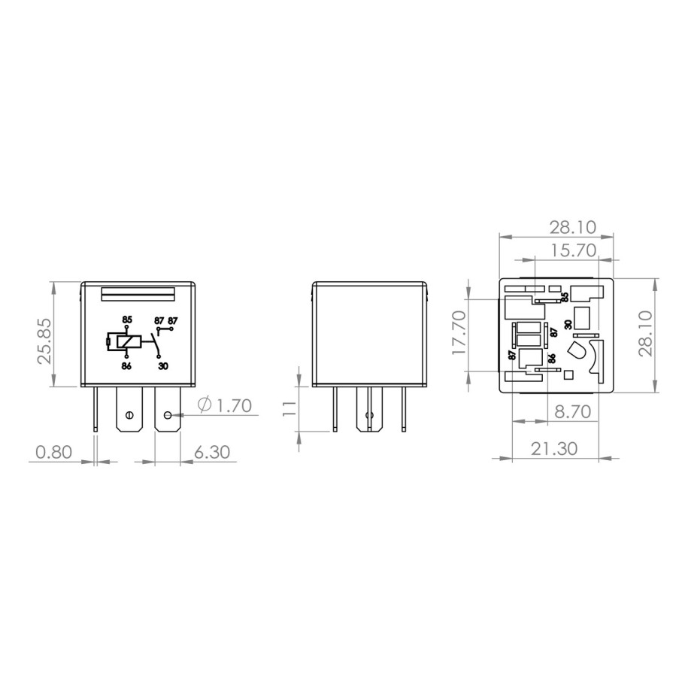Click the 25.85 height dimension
tap(44, 341)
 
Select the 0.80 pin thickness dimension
tap(53, 451)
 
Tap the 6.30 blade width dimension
tap(212, 451)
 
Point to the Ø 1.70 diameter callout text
tap(225, 405)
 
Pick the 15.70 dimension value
tap(574, 250)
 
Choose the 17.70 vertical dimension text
tap(459, 333)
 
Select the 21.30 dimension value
tap(554, 448)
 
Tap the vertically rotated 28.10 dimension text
tap(645, 333)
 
